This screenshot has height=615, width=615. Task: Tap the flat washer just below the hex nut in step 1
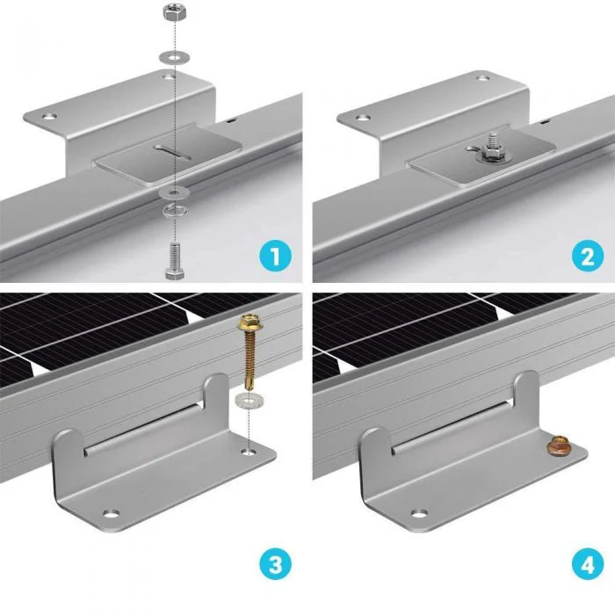click(174, 58)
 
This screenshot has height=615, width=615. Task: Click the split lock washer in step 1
click(175, 211)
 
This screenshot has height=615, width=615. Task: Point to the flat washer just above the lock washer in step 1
click(175, 192)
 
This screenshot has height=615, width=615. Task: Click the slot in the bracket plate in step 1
click(172, 152)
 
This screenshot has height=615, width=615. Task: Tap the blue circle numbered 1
click(275, 257)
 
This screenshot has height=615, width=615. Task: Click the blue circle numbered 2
click(588, 257)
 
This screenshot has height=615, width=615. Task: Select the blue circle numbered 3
click(275, 565)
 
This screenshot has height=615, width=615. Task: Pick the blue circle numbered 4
click(588, 565)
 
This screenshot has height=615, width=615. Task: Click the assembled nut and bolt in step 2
click(494, 149)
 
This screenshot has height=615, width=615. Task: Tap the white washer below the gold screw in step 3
click(249, 401)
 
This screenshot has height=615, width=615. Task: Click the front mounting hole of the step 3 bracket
click(111, 513)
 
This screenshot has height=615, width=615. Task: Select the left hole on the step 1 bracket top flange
click(49, 117)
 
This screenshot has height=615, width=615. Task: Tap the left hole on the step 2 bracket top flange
click(363, 117)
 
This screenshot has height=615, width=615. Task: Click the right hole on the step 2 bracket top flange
click(483, 78)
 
